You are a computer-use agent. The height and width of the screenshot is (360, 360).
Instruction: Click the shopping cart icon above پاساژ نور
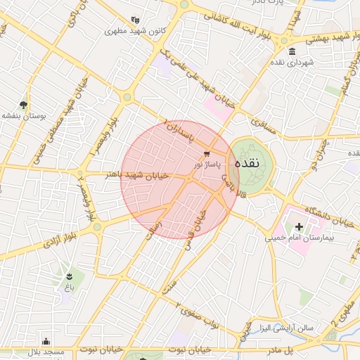pos(207,154)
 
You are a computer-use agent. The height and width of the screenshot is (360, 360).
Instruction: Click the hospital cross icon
pos(299,226)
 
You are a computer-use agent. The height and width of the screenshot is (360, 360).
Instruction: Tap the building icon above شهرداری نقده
pos(292,51)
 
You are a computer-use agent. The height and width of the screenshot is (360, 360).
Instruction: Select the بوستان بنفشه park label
pos(24,115)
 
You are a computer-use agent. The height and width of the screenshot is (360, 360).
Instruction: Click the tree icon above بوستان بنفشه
pos(24,104)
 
